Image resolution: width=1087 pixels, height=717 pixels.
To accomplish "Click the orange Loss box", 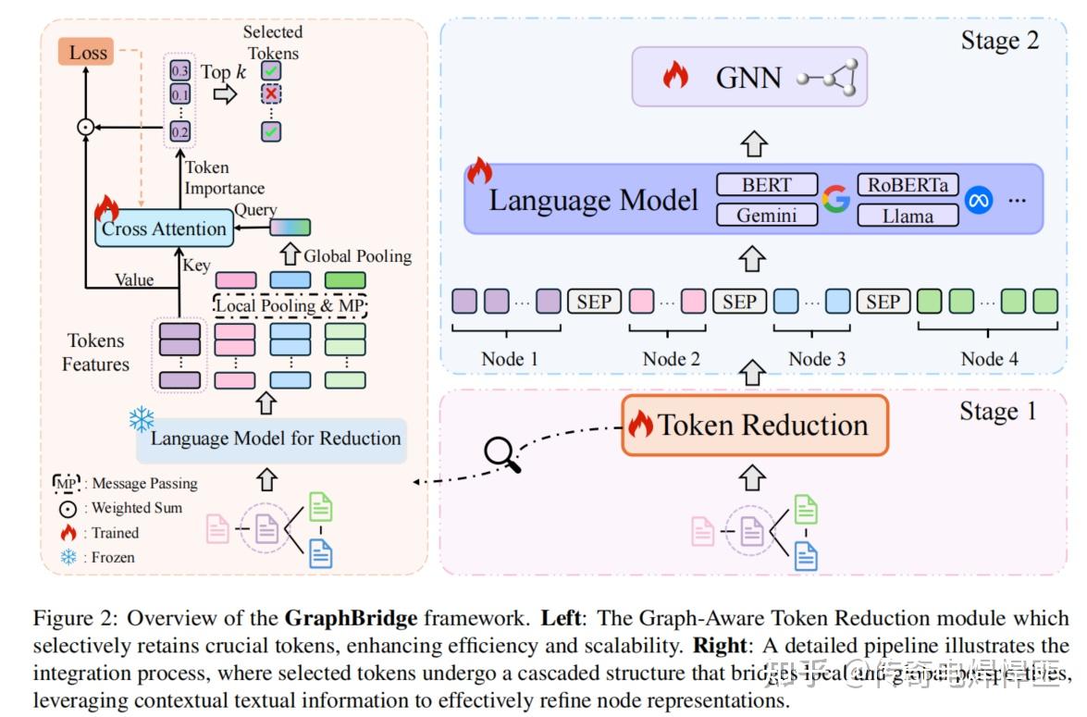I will click(x=87, y=52).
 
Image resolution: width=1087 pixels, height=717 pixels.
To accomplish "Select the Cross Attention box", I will click(x=163, y=229).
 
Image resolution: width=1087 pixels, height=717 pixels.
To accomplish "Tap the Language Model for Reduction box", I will click(x=275, y=439).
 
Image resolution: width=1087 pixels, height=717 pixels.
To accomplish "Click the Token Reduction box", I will click(x=755, y=426).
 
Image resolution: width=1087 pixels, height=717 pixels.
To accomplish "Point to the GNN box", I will click(x=749, y=78).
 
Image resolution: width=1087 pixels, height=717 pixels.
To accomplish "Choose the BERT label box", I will click(x=767, y=184).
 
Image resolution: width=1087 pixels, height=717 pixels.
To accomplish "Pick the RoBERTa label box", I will click(x=908, y=184).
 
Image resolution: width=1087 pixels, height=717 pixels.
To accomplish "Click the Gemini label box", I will click(x=767, y=216).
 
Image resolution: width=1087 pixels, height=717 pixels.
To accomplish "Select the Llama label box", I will click(x=908, y=216).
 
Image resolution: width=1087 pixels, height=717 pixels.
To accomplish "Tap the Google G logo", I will click(x=836, y=200).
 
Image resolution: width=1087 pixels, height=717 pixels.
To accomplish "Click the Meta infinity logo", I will click(x=978, y=200).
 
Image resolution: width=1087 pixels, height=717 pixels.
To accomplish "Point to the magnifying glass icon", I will click(x=501, y=453).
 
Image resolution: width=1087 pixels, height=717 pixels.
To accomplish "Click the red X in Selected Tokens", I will click(x=271, y=95).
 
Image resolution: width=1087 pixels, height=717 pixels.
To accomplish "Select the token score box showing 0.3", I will click(x=179, y=70).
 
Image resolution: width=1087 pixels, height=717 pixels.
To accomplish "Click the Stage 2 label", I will click(x=999, y=40).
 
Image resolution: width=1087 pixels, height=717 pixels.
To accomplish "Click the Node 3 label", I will click(x=817, y=358).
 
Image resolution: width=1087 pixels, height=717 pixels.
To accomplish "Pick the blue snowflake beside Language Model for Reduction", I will click(x=142, y=420).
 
